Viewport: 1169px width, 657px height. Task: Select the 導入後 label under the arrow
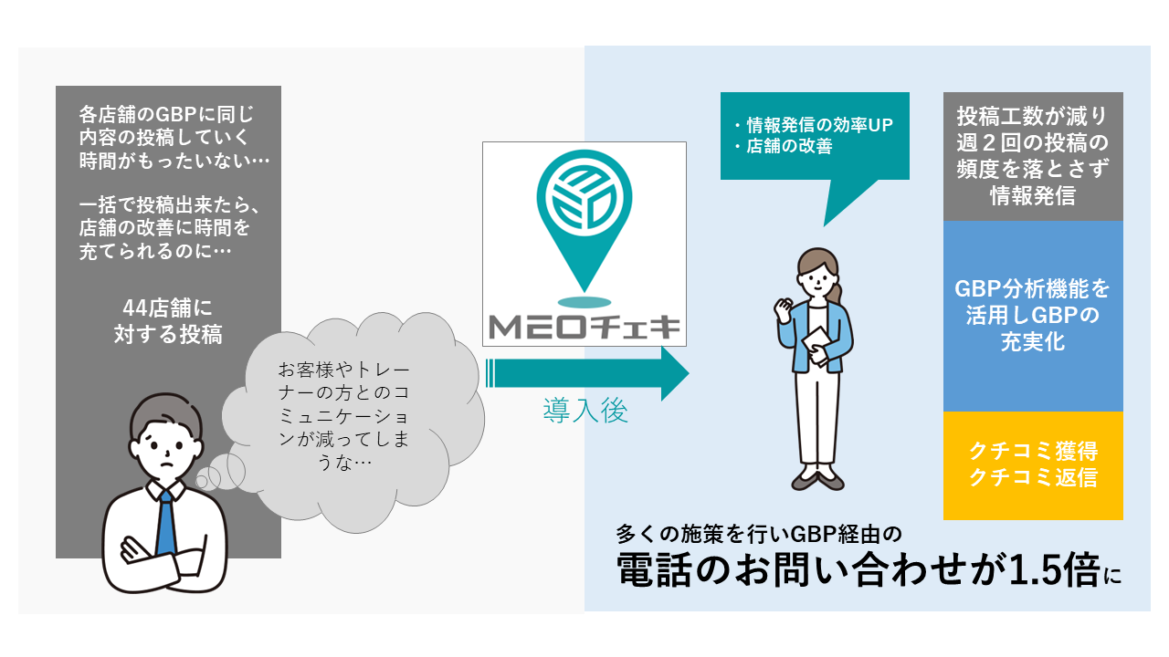[x=585, y=412]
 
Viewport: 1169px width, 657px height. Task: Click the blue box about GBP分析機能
[x=1033, y=316]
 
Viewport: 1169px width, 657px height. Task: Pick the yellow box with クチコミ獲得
[x=1033, y=464]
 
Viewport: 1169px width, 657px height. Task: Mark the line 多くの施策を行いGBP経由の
[x=759, y=532]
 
